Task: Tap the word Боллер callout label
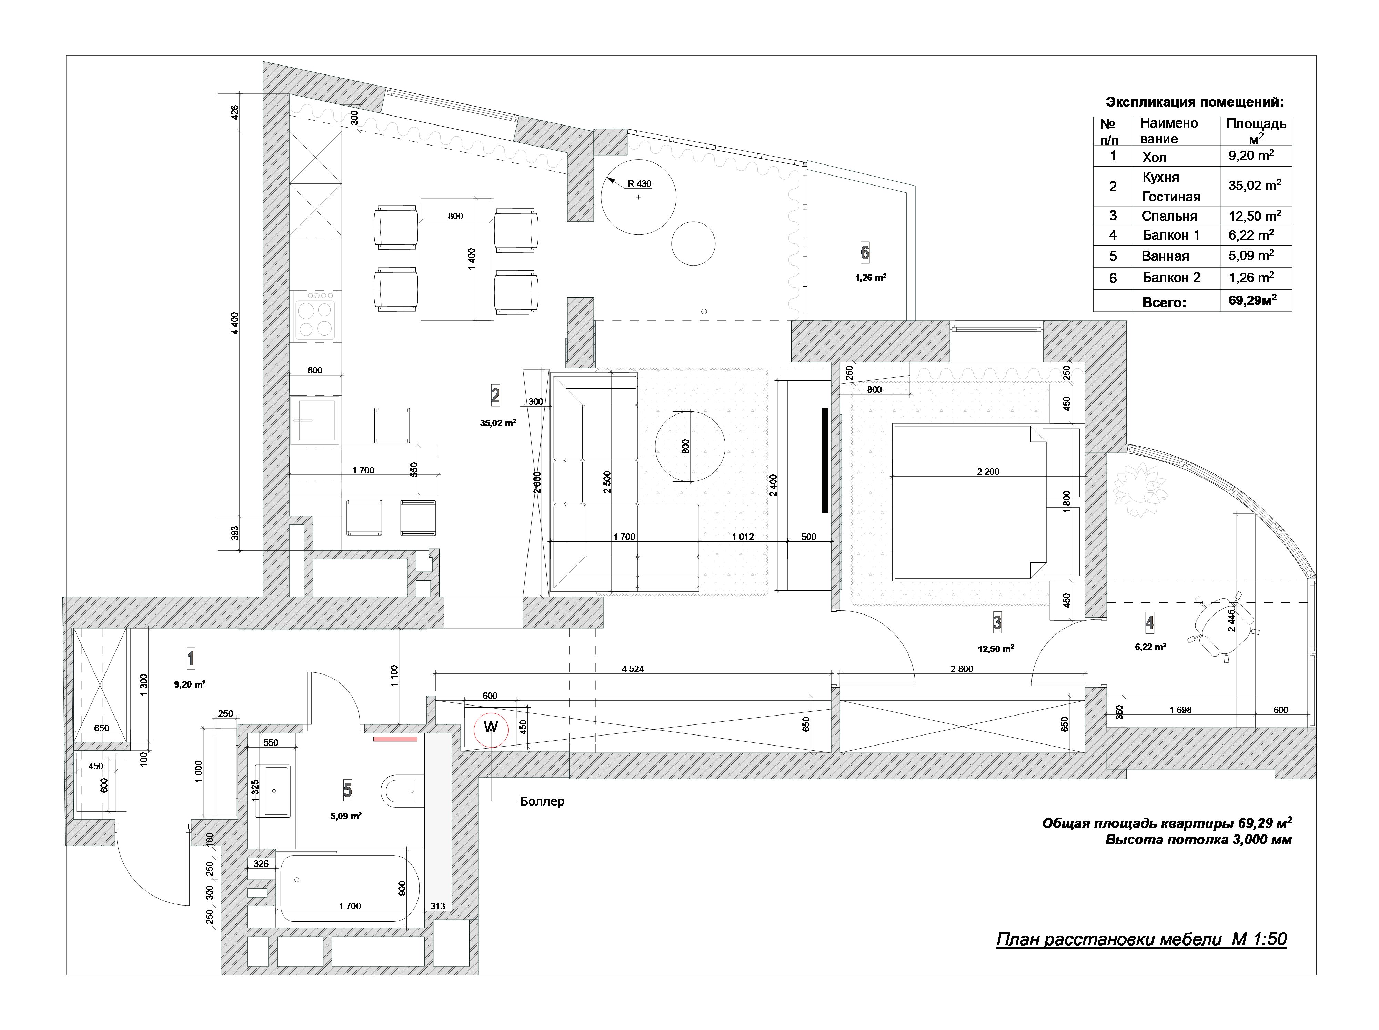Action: (542, 801)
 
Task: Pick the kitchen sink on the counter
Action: (315, 420)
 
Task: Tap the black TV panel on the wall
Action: (824, 460)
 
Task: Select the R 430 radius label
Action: (639, 184)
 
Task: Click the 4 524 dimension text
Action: (633, 669)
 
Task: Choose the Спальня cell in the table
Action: (1169, 216)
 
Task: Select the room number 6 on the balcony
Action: (865, 252)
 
